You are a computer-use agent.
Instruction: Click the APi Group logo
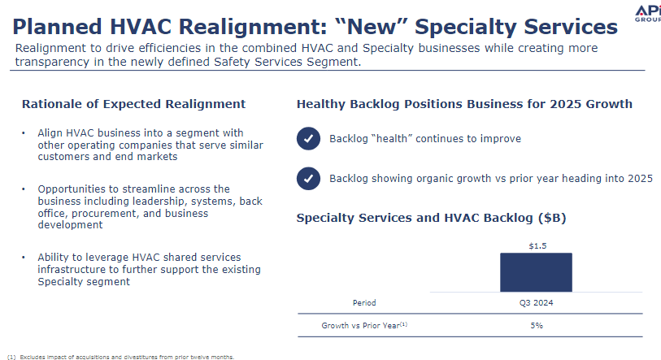click(x=648, y=14)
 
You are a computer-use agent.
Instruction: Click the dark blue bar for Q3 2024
click(x=536, y=272)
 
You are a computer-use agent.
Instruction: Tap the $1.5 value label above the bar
click(x=537, y=245)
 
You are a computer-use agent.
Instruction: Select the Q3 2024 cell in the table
click(x=537, y=302)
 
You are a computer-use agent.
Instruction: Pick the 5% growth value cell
click(x=537, y=325)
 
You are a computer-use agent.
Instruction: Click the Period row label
click(x=364, y=302)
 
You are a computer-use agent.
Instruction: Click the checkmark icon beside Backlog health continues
click(x=308, y=138)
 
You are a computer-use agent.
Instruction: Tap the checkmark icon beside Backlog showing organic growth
click(x=308, y=178)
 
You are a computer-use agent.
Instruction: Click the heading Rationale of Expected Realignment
click(x=133, y=104)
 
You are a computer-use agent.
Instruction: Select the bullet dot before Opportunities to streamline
click(x=24, y=189)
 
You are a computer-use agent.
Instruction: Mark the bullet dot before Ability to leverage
click(x=24, y=257)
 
